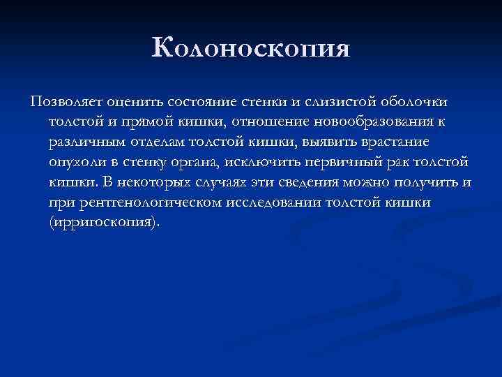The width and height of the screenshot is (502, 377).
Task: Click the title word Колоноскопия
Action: click(251, 50)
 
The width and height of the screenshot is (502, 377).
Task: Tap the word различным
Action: click(84, 142)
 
